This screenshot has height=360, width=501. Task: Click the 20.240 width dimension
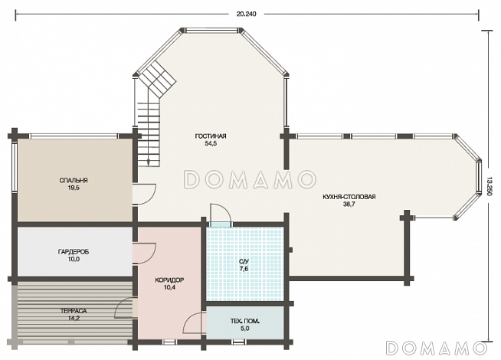click(x=246, y=14)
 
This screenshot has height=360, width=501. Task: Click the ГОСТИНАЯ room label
click(x=211, y=136)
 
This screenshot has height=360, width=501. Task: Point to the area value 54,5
click(x=211, y=144)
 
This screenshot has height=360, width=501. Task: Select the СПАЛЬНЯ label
click(x=74, y=181)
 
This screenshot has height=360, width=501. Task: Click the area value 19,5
click(x=74, y=188)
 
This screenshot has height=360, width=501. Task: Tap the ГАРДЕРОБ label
click(x=74, y=252)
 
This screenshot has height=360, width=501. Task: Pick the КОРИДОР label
click(x=169, y=280)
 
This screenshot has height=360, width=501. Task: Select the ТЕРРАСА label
click(x=74, y=311)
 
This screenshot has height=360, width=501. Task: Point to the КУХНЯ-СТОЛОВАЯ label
click(x=349, y=197)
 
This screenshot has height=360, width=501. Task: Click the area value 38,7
click(x=349, y=205)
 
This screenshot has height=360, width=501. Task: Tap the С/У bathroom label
click(x=244, y=262)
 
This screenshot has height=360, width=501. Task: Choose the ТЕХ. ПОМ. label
click(x=244, y=321)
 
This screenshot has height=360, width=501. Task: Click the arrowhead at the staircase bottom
click(x=149, y=162)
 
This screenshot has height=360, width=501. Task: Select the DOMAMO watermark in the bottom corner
click(x=436, y=348)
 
